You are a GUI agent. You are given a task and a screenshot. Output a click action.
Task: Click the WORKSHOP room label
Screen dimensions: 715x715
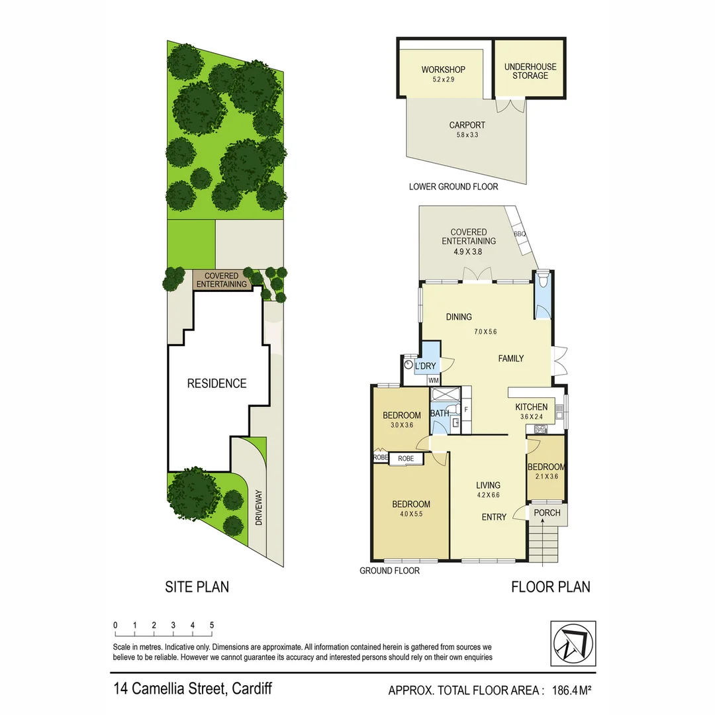point(443,70)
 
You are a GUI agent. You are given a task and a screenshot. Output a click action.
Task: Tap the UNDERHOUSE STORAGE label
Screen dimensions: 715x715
point(530,71)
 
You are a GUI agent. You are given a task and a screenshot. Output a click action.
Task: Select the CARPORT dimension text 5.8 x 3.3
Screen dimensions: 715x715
point(467,135)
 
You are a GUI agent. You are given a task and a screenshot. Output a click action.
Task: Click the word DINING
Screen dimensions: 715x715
point(458,317)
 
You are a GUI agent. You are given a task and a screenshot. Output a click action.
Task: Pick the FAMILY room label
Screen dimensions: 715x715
point(510,358)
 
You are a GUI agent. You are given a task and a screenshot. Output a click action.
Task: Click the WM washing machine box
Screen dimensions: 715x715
point(433,380)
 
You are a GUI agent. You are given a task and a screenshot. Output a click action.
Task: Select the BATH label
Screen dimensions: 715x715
point(440,413)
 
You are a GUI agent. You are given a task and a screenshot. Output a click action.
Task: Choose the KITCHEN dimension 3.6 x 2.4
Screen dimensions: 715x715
point(532,417)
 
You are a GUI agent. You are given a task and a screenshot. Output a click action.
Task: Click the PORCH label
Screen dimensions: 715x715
point(547,512)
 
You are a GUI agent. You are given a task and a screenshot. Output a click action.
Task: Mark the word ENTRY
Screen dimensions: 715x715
point(494,517)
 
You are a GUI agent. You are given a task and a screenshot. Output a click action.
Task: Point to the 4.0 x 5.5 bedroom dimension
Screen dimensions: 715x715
point(411,514)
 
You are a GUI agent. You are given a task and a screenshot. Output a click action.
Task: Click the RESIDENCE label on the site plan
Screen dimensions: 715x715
point(216,383)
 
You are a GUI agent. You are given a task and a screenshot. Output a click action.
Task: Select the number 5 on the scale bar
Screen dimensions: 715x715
point(212,625)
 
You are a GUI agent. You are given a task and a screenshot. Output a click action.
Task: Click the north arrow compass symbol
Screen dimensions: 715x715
point(573,644)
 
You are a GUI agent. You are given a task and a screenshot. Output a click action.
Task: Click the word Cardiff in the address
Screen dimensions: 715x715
point(251,689)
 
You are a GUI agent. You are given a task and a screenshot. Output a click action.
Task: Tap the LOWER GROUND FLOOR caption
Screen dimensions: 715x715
point(453,187)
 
